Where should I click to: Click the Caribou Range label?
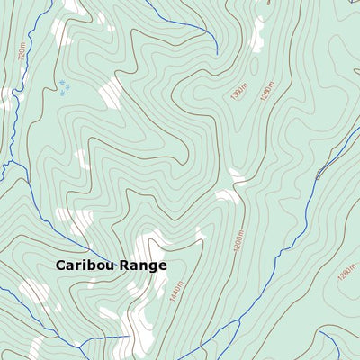tap(111, 265)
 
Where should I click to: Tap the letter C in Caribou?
tap(61, 265)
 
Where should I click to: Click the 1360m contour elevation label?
tap(238, 90)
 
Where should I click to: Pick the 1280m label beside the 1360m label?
tap(266, 86)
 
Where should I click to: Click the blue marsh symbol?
tap(63, 87)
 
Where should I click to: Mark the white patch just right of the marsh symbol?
tap(111, 92)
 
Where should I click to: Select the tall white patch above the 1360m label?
tap(257, 33)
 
